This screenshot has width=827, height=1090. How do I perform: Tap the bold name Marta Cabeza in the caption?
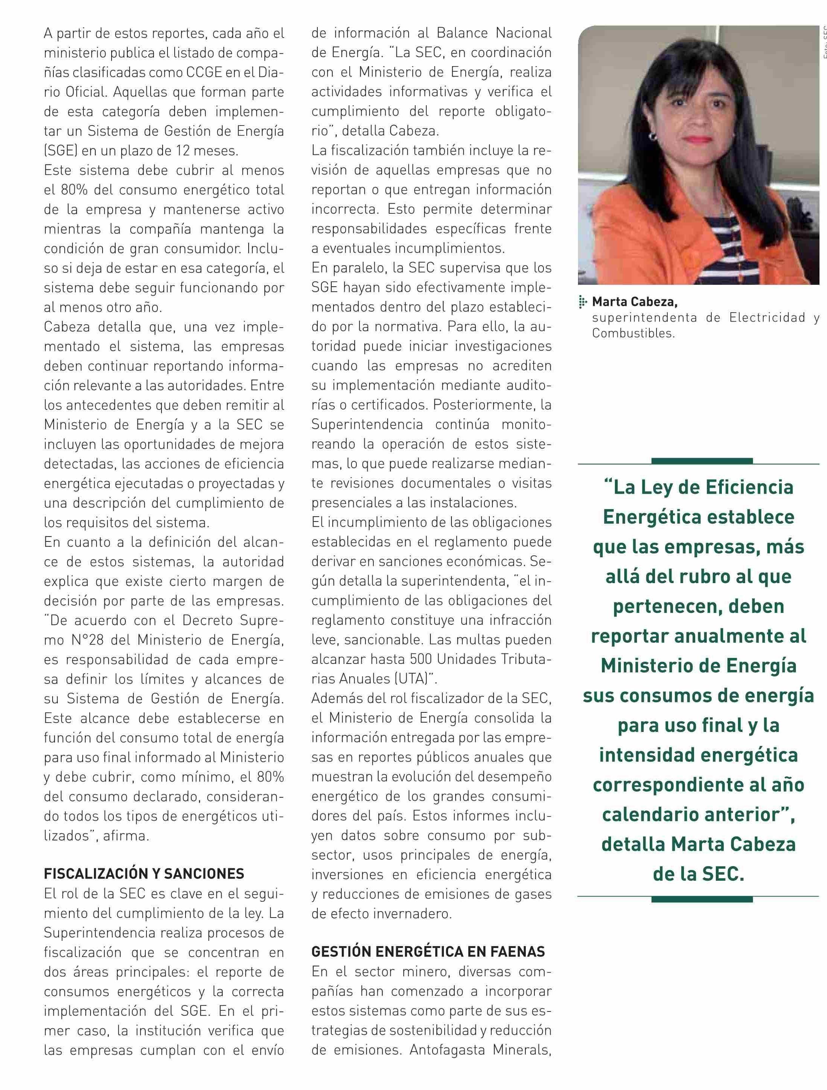[634, 301]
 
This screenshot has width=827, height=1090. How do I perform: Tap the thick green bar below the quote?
[702, 899]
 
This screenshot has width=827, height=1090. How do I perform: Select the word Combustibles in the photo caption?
[633, 333]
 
